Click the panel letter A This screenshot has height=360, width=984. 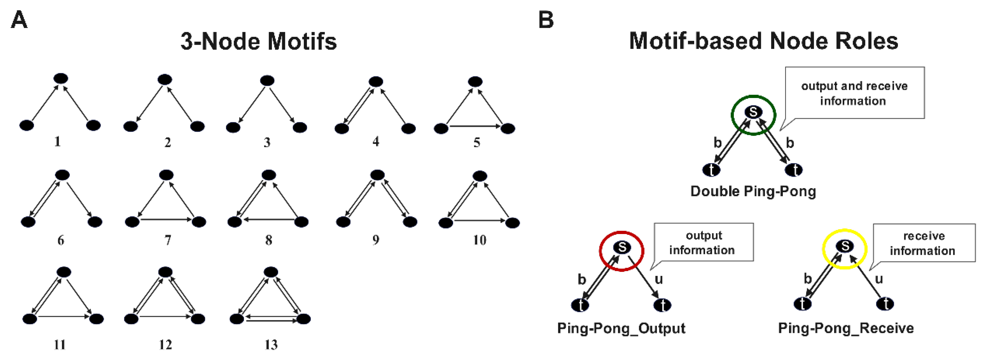(19, 20)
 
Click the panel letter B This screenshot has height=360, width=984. (546, 20)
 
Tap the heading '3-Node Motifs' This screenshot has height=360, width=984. (258, 41)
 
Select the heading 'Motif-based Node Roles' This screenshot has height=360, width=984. (763, 41)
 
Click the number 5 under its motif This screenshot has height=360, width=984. (477, 143)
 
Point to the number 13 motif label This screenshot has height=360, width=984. (271, 345)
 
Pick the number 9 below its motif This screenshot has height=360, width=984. (376, 240)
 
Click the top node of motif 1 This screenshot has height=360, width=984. (61, 79)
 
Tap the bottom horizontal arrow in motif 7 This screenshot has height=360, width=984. (166, 219)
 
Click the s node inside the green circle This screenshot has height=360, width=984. (753, 112)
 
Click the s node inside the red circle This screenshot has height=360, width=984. (622, 247)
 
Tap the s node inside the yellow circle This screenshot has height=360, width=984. (845, 246)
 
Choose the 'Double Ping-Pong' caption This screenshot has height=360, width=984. (753, 191)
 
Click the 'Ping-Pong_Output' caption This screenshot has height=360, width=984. (621, 328)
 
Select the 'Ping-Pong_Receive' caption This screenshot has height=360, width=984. (846, 328)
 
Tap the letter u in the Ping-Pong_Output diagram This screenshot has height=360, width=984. (659, 279)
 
